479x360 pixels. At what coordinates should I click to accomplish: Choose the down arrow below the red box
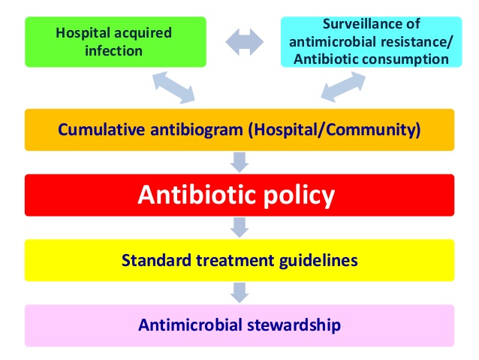tap(239, 226)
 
